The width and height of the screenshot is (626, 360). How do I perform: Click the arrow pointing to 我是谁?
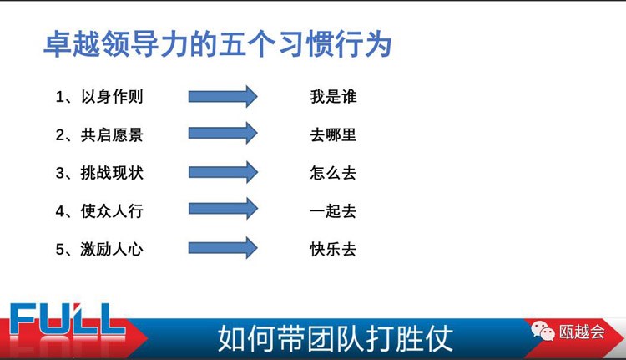(x=223, y=96)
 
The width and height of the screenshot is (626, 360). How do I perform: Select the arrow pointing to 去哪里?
(x=223, y=133)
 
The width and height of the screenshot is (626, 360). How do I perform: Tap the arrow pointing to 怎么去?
(x=223, y=172)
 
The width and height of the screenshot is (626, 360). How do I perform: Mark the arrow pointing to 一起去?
(x=223, y=209)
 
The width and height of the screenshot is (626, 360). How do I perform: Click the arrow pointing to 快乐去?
(x=223, y=248)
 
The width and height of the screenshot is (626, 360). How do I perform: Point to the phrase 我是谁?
(x=333, y=97)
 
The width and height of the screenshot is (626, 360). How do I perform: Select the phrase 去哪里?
(x=333, y=134)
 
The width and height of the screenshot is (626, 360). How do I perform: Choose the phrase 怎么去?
(x=333, y=173)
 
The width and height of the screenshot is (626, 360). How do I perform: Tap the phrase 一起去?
(x=333, y=211)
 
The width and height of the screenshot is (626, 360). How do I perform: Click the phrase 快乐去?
(x=333, y=249)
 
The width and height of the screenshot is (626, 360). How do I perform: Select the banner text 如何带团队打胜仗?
(x=336, y=338)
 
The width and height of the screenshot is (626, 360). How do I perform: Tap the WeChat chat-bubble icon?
(x=543, y=331)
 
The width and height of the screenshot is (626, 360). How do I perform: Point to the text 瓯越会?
(x=582, y=332)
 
